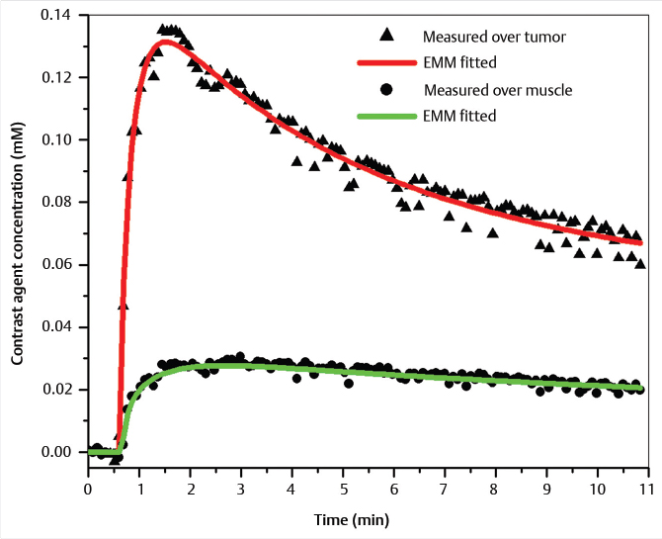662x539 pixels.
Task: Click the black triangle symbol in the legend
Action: (387, 36)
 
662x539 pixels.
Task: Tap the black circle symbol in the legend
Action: (387, 89)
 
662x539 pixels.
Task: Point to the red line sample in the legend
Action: (386, 62)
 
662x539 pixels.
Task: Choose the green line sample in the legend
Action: (386, 116)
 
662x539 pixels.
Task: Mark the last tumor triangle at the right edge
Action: (640, 264)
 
